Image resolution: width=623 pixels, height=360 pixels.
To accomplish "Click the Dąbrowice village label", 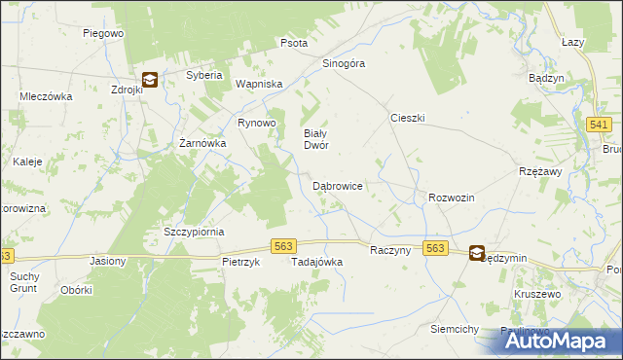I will coord(338,185).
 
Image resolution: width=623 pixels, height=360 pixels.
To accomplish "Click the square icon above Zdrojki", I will coord(150,81).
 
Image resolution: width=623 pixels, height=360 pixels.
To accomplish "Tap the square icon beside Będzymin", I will coord(477,253).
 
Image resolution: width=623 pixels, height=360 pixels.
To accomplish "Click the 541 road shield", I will coord(599,126).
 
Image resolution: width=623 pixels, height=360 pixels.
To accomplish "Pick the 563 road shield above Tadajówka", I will coord(283,247).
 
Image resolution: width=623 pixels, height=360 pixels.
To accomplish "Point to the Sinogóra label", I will coord(343,63).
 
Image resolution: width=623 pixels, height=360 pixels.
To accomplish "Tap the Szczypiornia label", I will coord(194,232).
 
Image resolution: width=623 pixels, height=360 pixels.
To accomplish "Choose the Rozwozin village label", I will coord(451,198).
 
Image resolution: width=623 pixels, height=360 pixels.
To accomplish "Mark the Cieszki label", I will coord(408,118).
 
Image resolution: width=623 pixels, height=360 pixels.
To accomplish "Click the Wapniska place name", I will coord(258,84).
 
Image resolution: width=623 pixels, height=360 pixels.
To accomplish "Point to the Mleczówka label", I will coord(48,96).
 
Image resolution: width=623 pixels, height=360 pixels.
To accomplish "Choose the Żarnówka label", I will coord(203,143).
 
